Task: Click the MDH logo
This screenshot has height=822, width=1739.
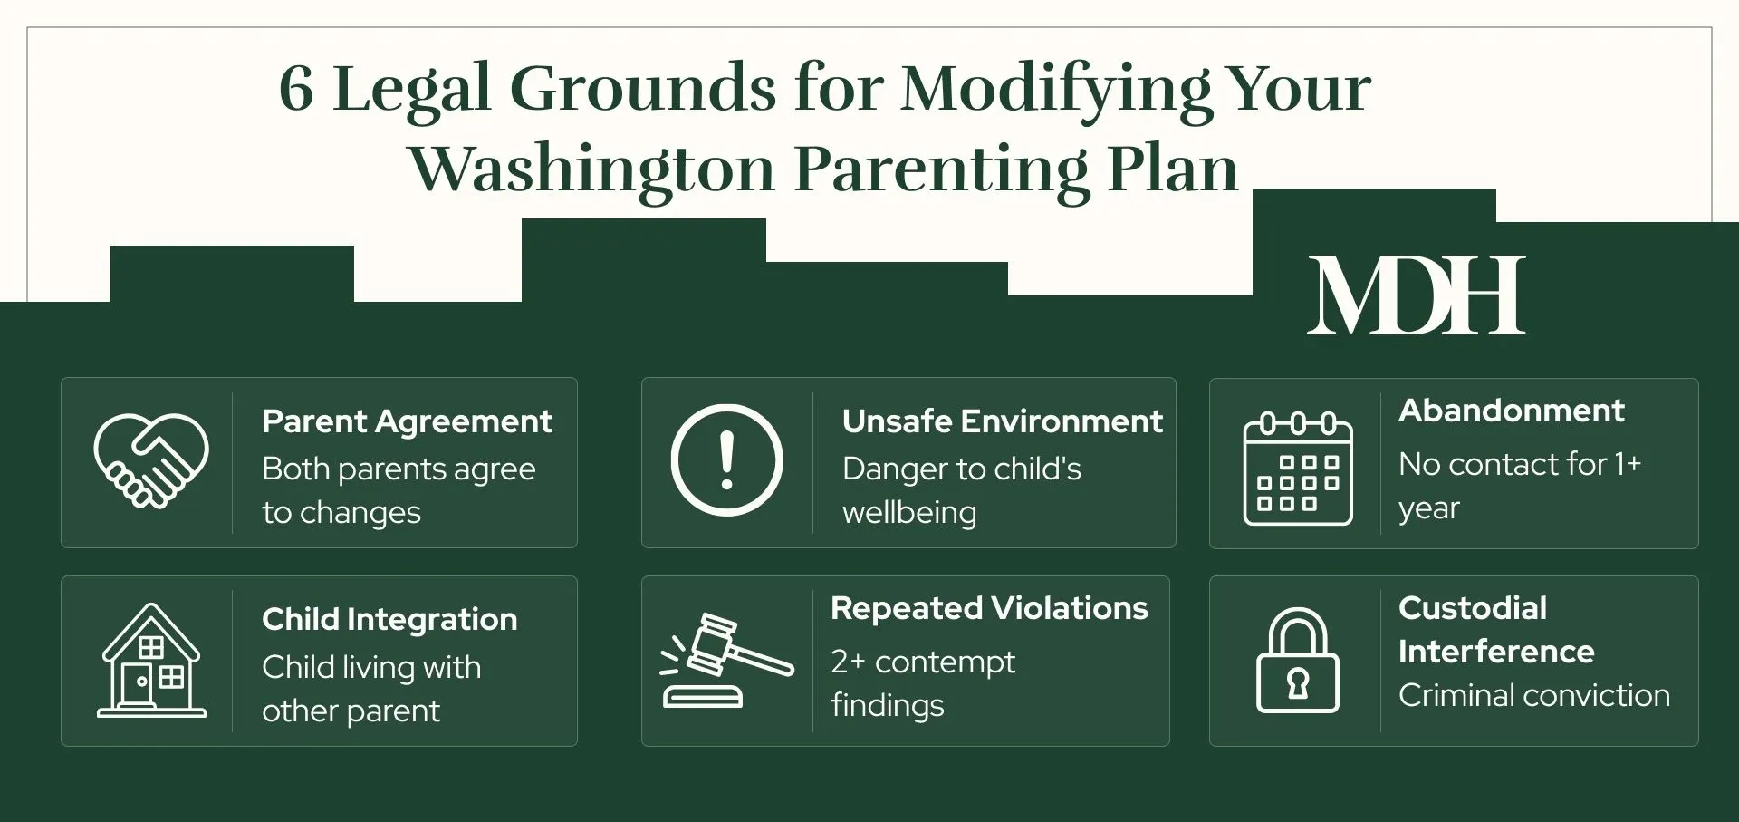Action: pyautogui.click(x=1416, y=296)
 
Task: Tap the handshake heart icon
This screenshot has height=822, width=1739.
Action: pyautogui.click(x=151, y=461)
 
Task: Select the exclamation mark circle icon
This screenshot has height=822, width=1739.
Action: pyautogui.click(x=726, y=460)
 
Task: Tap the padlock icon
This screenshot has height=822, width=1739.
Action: pyautogui.click(x=1298, y=661)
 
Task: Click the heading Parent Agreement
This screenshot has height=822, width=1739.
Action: pyautogui.click(x=407, y=421)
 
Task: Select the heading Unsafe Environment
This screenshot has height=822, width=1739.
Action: pyautogui.click(x=1002, y=421)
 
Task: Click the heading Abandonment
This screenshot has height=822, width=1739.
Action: pyautogui.click(x=1511, y=411)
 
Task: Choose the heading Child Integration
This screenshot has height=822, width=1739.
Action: pyautogui.click(x=389, y=619)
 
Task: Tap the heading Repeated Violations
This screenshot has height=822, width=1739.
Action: pyautogui.click(x=989, y=608)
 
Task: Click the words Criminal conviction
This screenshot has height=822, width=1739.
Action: pyautogui.click(x=1533, y=695)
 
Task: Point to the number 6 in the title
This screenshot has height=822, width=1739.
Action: pyautogui.click(x=296, y=89)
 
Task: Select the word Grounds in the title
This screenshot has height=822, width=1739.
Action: pyautogui.click(x=643, y=89)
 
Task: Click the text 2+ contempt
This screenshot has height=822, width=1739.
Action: pyautogui.click(x=922, y=662)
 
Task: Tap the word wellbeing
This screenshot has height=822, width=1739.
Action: pyautogui.click(x=909, y=513)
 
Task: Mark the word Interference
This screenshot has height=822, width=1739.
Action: pyautogui.click(x=1495, y=652)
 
